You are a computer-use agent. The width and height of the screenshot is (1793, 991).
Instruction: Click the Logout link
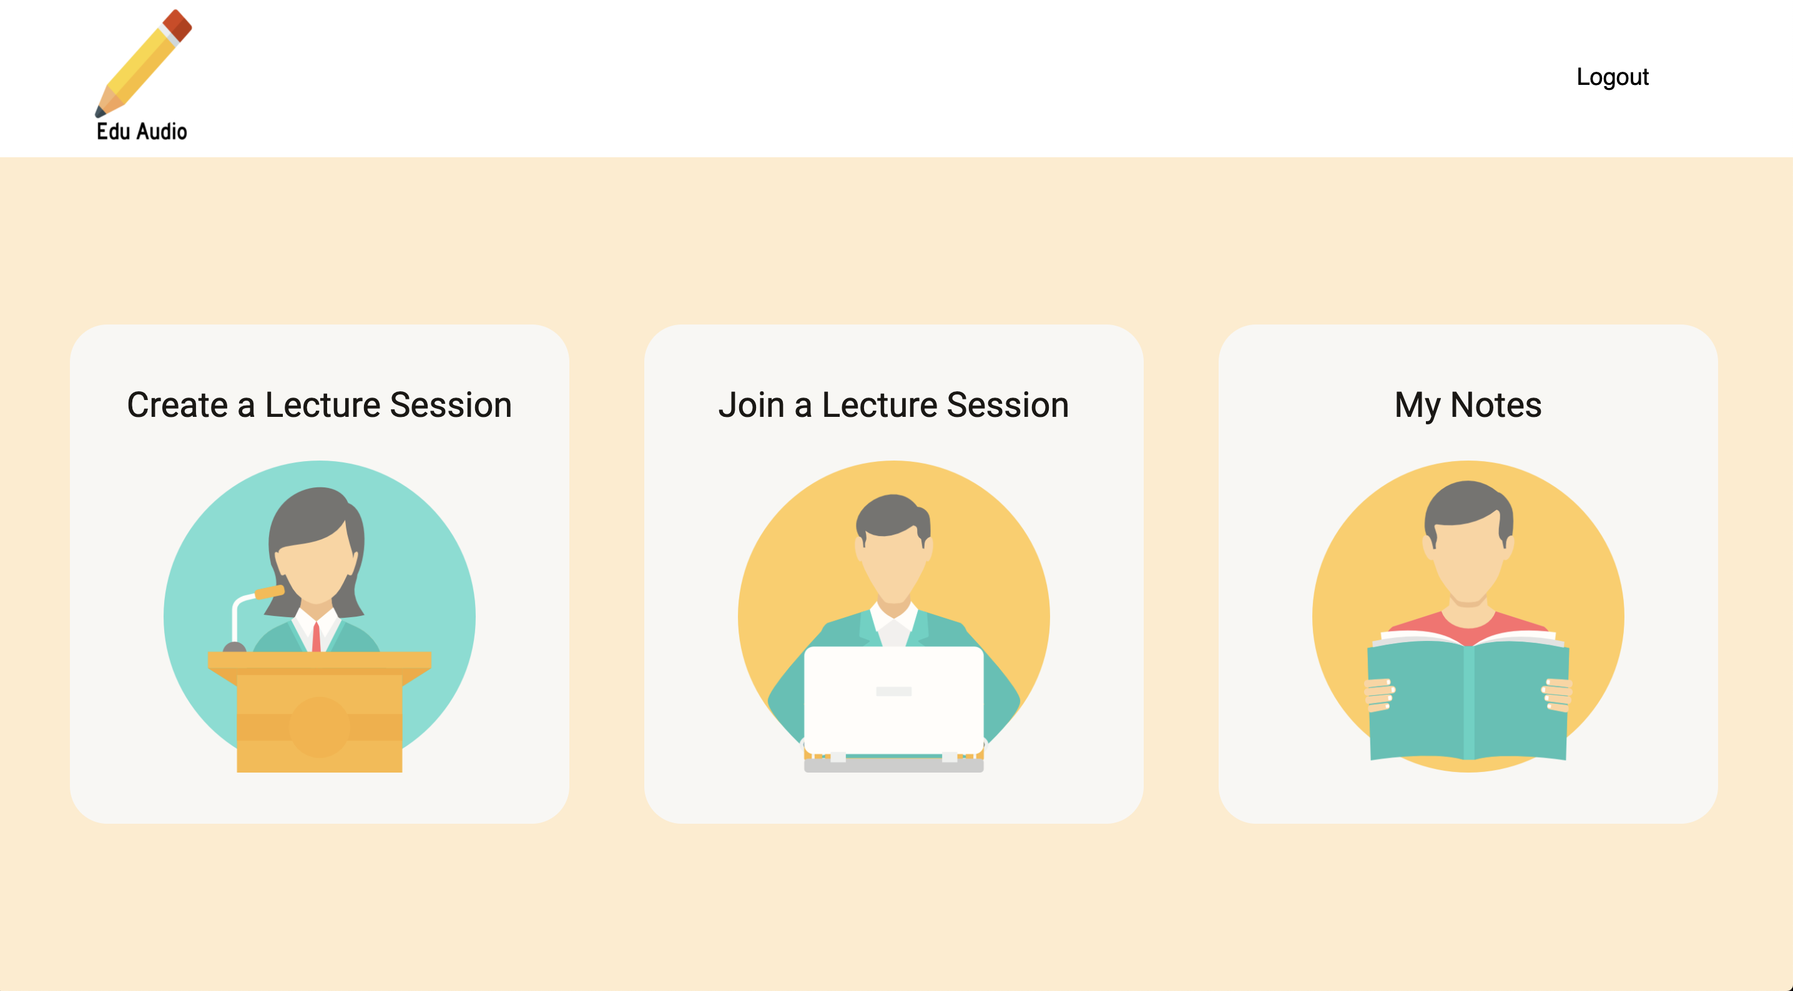1612,77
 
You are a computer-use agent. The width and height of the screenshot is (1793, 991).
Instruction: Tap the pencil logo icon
144,62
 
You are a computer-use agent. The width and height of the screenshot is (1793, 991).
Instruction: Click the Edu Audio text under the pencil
142,132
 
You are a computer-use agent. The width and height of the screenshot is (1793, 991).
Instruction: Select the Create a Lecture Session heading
320,405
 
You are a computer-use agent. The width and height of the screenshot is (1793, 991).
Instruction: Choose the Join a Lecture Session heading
894,405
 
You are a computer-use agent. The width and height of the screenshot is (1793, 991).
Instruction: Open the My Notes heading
1468,406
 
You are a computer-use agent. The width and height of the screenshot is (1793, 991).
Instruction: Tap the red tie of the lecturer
316,637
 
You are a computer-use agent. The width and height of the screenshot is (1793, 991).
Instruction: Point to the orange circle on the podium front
319,727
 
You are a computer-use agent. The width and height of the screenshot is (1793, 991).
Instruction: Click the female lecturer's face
317,567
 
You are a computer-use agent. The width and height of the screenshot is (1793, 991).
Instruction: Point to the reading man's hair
1468,508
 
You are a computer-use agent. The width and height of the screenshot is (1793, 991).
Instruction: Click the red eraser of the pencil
177,25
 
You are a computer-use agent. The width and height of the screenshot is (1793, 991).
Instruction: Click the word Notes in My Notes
1496,405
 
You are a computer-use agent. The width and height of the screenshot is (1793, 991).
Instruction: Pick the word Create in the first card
177,405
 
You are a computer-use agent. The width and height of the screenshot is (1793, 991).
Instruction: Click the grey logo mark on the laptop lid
894,691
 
